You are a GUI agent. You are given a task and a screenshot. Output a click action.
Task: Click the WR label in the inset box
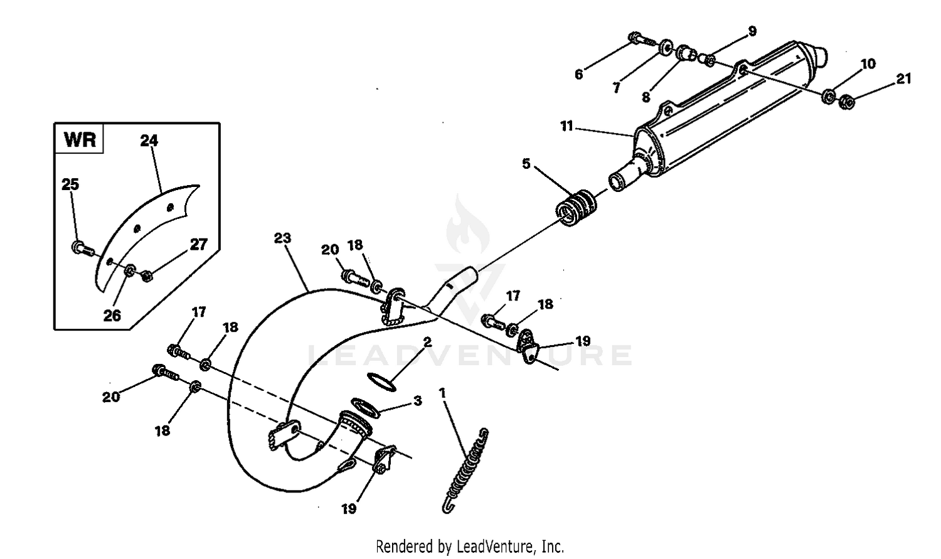[x=80, y=139]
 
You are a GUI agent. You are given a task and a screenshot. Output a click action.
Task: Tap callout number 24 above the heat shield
[x=149, y=141]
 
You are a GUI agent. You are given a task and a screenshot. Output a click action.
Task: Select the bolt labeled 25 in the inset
[x=82, y=248]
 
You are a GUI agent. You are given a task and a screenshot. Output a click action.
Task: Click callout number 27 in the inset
[x=198, y=245]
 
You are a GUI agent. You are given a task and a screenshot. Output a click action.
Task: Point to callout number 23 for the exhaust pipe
[x=283, y=238]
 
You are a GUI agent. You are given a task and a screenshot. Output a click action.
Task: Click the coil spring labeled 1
[x=467, y=467]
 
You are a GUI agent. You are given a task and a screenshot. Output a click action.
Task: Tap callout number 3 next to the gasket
[x=418, y=400]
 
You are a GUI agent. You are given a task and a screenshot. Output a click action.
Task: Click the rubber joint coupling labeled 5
[x=577, y=207]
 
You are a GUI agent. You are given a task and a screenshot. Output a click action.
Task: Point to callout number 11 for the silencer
[x=566, y=126]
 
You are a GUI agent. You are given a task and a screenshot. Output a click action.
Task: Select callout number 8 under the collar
[x=646, y=97]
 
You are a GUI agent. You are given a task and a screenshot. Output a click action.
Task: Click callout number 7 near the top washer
[x=617, y=88]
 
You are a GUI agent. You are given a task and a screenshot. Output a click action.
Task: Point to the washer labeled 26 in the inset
[x=129, y=270]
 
